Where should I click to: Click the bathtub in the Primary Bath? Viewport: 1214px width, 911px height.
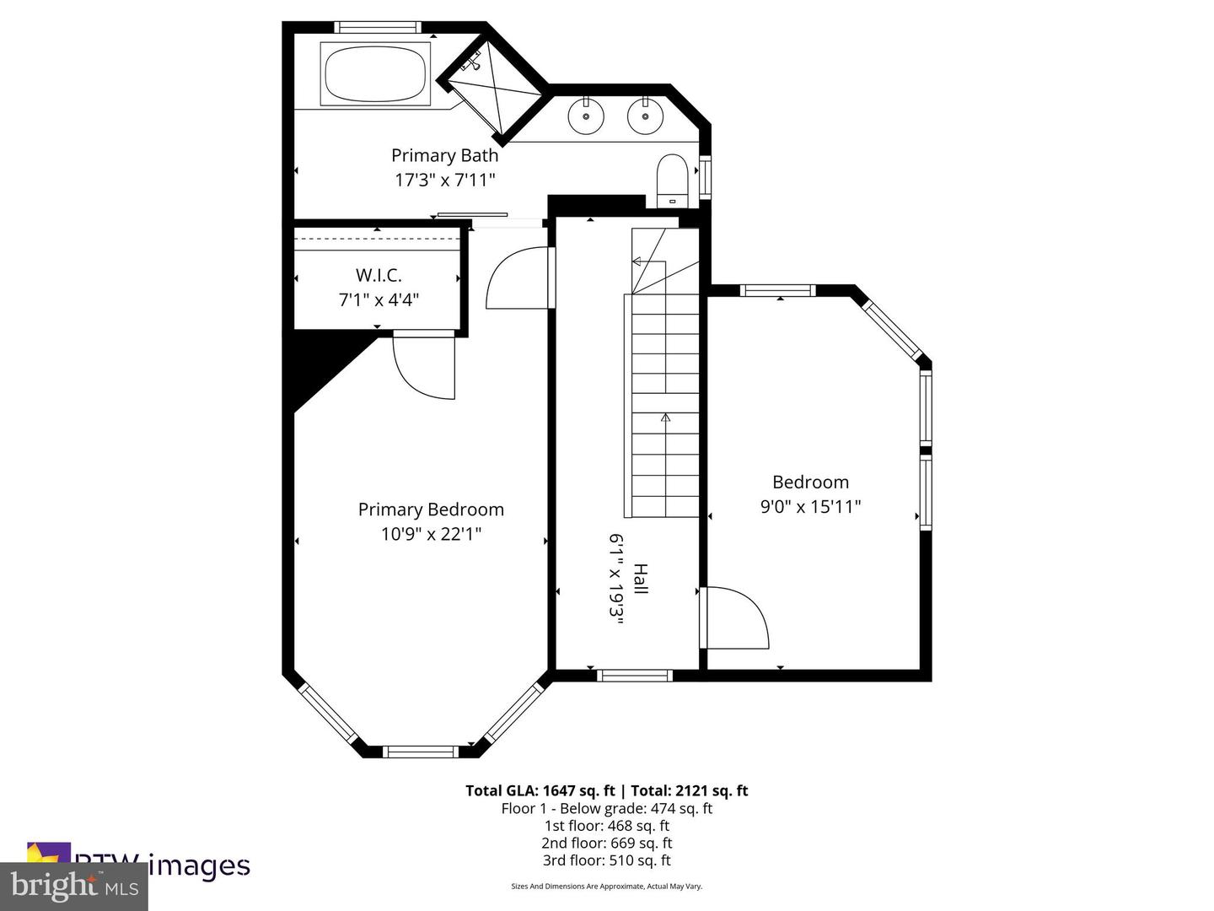pyautogui.click(x=375, y=73)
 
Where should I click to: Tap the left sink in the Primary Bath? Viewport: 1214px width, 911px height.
pyautogui.click(x=584, y=116)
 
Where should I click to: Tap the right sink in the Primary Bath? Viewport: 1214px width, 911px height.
pyautogui.click(x=645, y=116)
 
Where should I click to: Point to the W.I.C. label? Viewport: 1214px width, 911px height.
pyautogui.click(x=379, y=275)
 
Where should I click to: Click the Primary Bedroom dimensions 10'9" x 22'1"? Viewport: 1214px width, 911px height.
pyautogui.click(x=431, y=534)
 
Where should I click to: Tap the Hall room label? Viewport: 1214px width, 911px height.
pyautogui.click(x=641, y=579)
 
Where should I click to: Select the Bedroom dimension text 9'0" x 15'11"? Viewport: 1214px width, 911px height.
pyautogui.click(x=810, y=506)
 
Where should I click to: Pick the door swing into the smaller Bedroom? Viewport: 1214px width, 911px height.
pyautogui.click(x=735, y=618)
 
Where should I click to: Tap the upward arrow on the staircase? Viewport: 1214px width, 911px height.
pyautogui.click(x=665, y=417)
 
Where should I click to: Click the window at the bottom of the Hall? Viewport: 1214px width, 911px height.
pyautogui.click(x=634, y=675)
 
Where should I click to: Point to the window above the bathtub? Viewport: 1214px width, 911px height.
pyautogui.click(x=375, y=27)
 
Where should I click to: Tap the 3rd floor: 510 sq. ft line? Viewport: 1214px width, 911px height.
pyautogui.click(x=606, y=860)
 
